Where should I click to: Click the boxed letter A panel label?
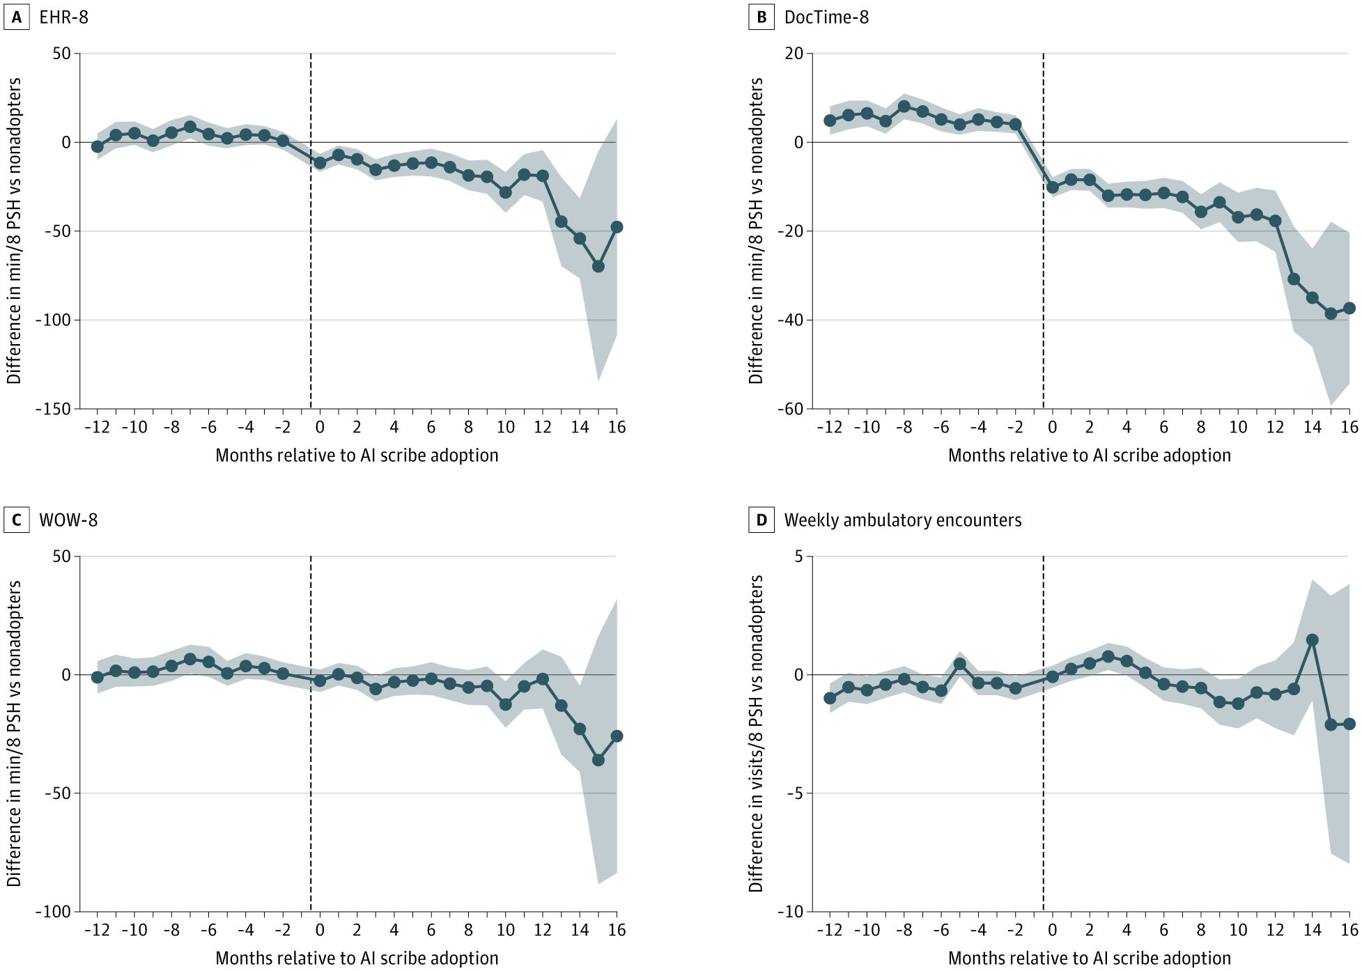pos(16,17)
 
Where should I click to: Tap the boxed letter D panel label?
pos(761,520)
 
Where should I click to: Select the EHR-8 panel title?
pos(64,17)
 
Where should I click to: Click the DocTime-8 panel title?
pos(826,17)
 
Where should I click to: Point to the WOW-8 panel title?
pos(68,520)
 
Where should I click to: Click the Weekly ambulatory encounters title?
pos(903,520)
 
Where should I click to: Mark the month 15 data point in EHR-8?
pos(598,267)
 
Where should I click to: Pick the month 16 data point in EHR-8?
pos(617,227)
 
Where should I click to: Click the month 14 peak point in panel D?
pos(1312,639)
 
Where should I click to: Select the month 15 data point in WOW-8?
pos(598,760)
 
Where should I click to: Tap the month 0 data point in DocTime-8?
pos(1053,187)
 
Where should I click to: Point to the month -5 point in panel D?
pos(960,664)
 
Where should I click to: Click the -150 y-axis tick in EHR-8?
pos(54,409)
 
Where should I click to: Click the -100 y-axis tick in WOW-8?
pos(54,912)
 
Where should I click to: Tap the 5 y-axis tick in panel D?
pos(798,557)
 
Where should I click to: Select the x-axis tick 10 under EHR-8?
pos(506,427)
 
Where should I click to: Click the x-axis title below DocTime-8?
pos(1090,456)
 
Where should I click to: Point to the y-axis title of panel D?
pos(756,733)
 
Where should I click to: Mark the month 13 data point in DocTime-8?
pos(1294,279)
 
